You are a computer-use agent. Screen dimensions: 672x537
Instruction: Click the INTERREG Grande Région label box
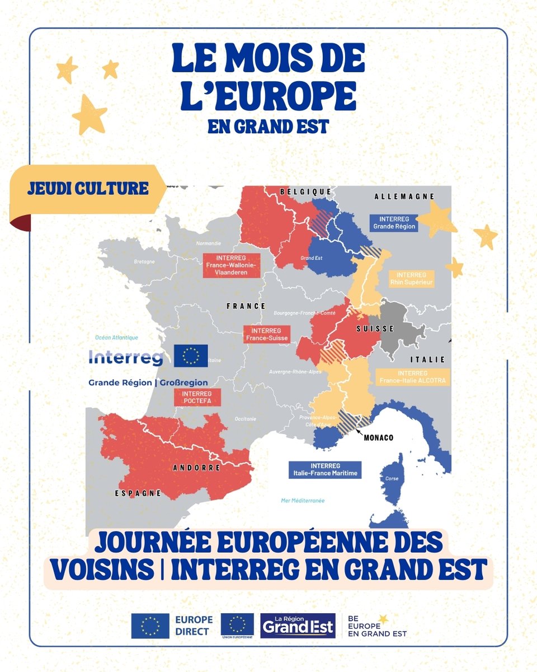[x=394, y=223]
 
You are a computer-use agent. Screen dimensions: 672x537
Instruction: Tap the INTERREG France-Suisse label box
[x=267, y=334]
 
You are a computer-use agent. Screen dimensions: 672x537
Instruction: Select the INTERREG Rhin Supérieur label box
[x=411, y=278]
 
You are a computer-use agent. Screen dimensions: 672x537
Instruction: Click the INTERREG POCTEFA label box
[x=197, y=397]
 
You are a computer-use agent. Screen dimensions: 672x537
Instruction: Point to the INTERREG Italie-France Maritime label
[x=324, y=469]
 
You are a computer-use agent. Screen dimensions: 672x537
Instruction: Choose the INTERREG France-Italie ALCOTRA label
[x=412, y=377]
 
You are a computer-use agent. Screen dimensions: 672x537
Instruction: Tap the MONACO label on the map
[x=379, y=437]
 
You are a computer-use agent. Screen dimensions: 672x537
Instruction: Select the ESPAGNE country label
[x=139, y=493]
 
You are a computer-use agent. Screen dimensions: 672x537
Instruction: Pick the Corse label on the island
[x=392, y=479]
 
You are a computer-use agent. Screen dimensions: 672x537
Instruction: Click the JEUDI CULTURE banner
[x=88, y=188]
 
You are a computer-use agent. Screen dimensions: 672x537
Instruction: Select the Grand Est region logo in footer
[x=298, y=626]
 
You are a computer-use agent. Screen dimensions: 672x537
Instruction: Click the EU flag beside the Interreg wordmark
[x=191, y=356]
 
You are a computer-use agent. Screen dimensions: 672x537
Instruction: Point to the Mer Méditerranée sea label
[x=303, y=500]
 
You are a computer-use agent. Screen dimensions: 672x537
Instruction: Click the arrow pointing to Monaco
[x=359, y=431]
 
